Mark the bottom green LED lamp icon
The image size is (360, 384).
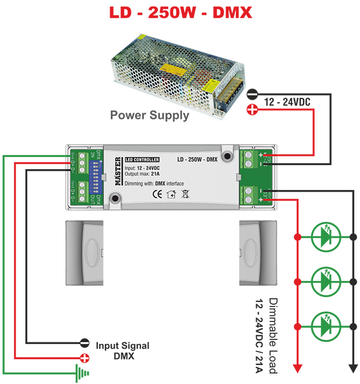tap(323, 324)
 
